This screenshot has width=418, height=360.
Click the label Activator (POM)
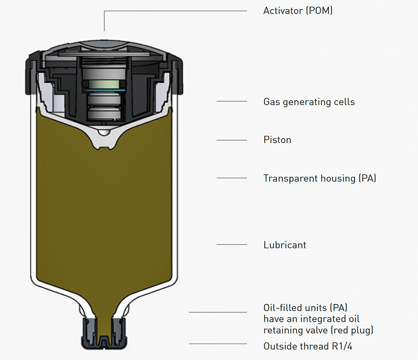pyautogui.click(x=298, y=11)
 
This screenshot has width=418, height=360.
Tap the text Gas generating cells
pyautogui.click(x=309, y=102)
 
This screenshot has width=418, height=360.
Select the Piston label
pyautogui.click(x=277, y=140)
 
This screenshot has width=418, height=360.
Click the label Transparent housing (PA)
pyautogui.click(x=320, y=179)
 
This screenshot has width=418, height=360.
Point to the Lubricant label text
pyautogui.click(x=285, y=245)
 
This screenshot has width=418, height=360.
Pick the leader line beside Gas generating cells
pyautogui.click(x=232, y=102)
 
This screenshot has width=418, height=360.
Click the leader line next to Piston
pyautogui.click(x=232, y=140)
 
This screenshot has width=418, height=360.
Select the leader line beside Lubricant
pyautogui.click(x=232, y=245)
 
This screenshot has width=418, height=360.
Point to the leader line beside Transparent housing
pyautogui.click(x=232, y=178)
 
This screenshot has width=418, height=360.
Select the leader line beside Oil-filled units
pyautogui.click(x=217, y=312)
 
